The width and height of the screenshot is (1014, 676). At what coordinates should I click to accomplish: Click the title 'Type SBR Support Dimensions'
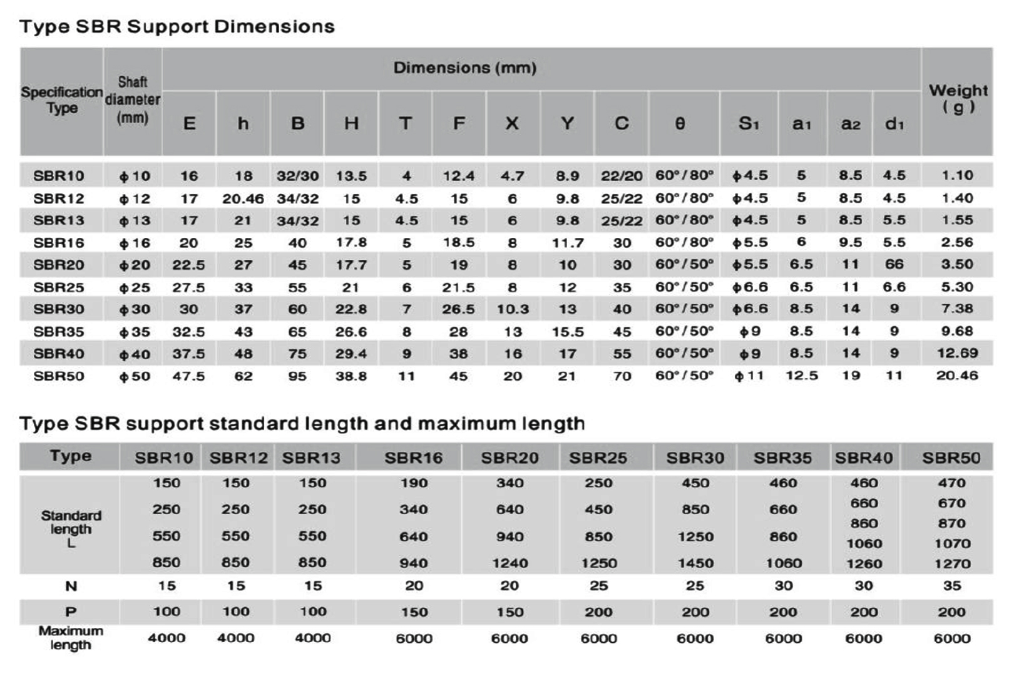click(177, 27)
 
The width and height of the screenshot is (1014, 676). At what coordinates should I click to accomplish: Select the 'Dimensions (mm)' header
click(464, 68)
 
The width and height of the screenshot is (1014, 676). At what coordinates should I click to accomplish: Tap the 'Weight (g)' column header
click(958, 98)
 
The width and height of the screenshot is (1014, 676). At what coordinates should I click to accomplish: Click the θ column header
click(680, 124)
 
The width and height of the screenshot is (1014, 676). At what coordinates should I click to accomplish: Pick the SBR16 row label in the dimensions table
click(59, 242)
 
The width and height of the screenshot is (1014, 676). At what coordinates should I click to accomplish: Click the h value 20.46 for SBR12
click(243, 198)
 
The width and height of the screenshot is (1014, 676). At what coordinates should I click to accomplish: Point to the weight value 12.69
click(957, 353)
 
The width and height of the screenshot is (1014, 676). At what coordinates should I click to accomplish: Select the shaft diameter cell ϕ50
click(135, 376)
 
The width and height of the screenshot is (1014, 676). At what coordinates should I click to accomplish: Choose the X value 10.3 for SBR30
click(513, 309)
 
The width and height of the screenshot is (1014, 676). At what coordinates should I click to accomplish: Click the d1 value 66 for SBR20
click(894, 264)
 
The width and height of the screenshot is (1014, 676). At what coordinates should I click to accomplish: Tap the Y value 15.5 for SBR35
click(567, 332)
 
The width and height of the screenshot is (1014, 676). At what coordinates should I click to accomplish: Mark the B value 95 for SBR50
click(297, 376)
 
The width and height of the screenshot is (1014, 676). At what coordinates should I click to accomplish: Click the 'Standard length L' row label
click(71, 529)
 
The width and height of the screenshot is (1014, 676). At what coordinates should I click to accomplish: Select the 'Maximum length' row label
click(71, 638)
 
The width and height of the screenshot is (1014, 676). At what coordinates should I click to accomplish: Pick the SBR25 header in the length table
click(598, 458)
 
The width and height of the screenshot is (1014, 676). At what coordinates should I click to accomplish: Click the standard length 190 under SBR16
click(414, 483)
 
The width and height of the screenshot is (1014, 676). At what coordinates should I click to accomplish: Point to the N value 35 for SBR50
click(951, 586)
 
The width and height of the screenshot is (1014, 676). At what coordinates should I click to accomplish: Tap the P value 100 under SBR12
click(236, 612)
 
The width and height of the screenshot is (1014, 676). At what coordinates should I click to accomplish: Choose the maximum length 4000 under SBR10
click(166, 638)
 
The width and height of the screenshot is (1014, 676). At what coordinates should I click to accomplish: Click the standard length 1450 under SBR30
click(695, 563)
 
